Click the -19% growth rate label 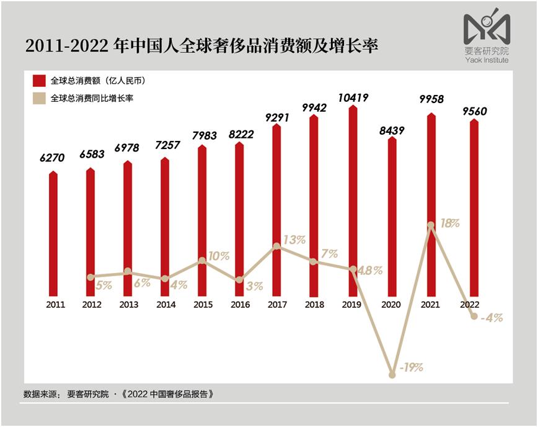410,367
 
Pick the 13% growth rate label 294,240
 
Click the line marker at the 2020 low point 392,375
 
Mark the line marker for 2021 431,225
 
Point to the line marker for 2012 90,277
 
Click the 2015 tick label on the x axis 203,305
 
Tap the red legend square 40,81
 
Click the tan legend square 40,98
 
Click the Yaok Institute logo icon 486,27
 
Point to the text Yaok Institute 487,60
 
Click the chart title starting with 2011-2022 201,46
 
